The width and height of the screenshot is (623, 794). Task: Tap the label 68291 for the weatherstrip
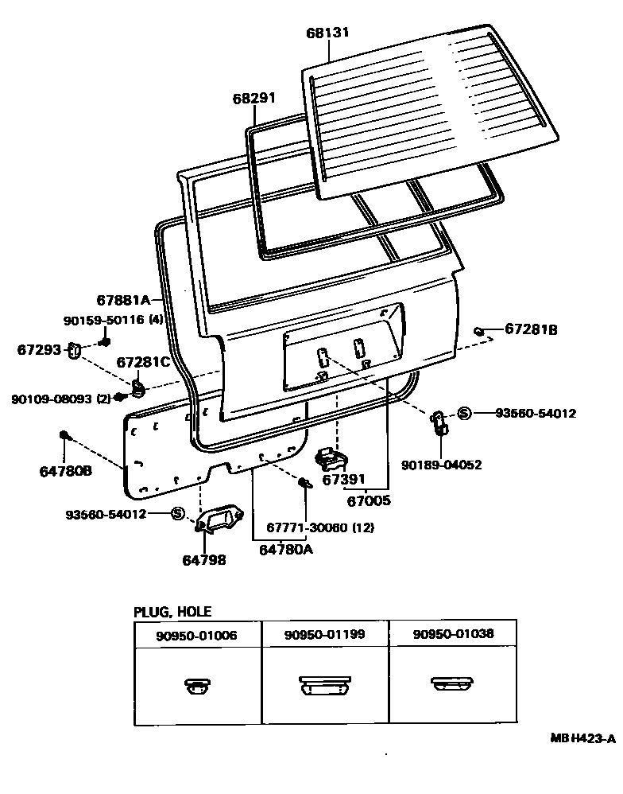pyautogui.click(x=254, y=98)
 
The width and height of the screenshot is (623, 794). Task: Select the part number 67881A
pyautogui.click(x=124, y=300)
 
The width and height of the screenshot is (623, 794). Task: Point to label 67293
pyautogui.click(x=41, y=349)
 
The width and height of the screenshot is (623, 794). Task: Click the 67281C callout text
pyautogui.click(x=143, y=362)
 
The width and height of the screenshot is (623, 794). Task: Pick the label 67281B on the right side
pyautogui.click(x=532, y=329)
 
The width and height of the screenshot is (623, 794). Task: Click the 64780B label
pyautogui.click(x=66, y=471)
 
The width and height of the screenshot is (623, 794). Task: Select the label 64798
pyautogui.click(x=206, y=560)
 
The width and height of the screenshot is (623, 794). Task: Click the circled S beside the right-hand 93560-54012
pyautogui.click(x=465, y=413)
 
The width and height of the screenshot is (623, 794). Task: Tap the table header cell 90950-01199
pyautogui.click(x=326, y=635)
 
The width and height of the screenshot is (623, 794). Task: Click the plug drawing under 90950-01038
pyautogui.click(x=452, y=684)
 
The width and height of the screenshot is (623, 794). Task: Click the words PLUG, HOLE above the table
pyautogui.click(x=172, y=612)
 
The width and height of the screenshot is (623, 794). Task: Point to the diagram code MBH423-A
pyautogui.click(x=583, y=738)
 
